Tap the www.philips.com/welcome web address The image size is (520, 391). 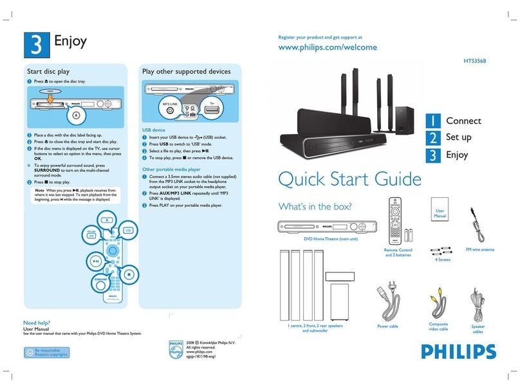326,47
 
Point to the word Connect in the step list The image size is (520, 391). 463,121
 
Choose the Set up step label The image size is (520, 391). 458,138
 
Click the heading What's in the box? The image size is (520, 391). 315,207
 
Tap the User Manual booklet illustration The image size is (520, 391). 440,215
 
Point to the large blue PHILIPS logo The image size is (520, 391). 460,352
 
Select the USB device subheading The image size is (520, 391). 154,129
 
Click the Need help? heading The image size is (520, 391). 38,322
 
